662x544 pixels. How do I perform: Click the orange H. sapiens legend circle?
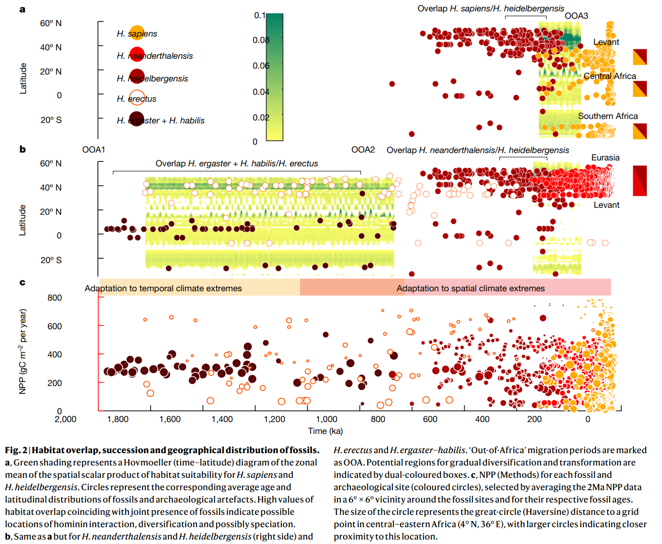click(137, 33)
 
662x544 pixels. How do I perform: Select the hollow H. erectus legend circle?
click(137, 98)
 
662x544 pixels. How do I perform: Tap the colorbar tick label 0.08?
click(261, 40)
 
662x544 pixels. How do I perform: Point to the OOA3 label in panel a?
click(576, 16)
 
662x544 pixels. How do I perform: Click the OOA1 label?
click(93, 150)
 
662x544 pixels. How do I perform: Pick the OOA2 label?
click(363, 150)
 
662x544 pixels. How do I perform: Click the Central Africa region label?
click(610, 76)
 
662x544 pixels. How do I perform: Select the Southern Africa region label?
click(608, 116)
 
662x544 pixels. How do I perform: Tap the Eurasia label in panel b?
click(605, 157)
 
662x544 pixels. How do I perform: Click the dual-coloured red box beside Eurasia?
click(640, 181)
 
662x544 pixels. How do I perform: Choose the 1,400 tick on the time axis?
click(222, 419)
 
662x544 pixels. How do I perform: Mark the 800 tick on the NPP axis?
click(55, 298)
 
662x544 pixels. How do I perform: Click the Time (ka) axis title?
click(325, 431)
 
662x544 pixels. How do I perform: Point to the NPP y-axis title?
click(22, 351)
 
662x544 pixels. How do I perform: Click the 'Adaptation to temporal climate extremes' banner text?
click(163, 288)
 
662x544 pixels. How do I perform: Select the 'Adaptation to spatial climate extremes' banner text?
click(470, 288)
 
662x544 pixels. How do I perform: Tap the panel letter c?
click(22, 282)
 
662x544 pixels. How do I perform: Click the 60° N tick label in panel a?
click(51, 23)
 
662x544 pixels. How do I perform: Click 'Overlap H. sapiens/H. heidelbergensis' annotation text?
click(490, 8)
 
